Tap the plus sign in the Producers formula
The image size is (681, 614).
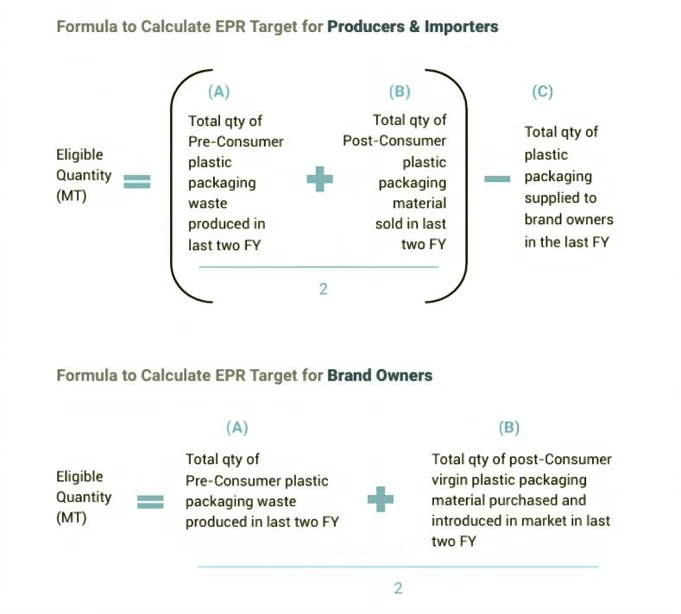click(320, 179)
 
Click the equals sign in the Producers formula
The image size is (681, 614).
click(137, 181)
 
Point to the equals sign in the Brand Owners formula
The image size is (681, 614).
click(150, 501)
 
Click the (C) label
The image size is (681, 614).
click(542, 93)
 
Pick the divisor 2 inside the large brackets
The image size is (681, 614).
click(324, 289)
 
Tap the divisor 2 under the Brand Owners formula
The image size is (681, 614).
click(398, 588)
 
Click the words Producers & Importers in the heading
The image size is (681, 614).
click(413, 27)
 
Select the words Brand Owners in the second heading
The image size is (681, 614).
click(380, 376)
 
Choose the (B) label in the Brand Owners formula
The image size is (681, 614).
click(509, 428)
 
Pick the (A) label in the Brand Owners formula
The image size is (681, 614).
click(236, 428)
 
